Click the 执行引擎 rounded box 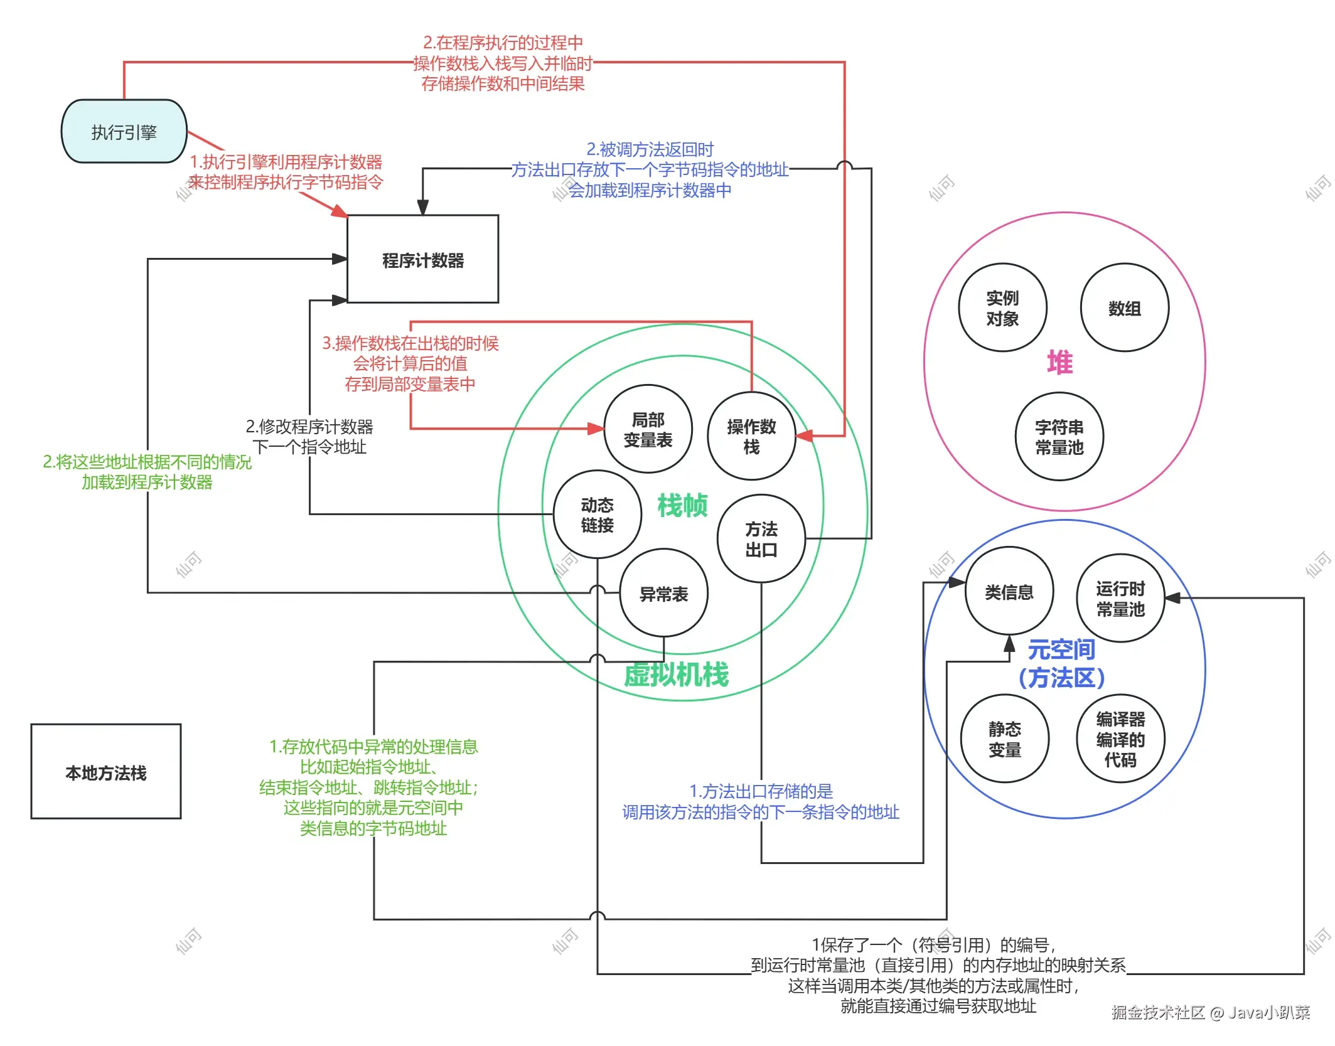pos(124,132)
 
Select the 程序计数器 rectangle pos(422,260)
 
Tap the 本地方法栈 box pos(105,772)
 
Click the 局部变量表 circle pos(648,429)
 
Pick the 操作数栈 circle pos(751,436)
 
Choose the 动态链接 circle pos(597,515)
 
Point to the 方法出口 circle pos(761,539)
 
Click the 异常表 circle pos(663,594)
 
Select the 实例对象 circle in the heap pos(1002,307)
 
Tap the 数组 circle pos(1124,307)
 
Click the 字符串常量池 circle pos(1059,437)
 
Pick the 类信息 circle pos(1009,592)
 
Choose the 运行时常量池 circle pos(1120,598)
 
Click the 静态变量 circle pos(1004,739)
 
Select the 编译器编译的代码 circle pos(1120,739)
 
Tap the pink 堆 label pos(1059,363)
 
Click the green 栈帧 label pos(682,505)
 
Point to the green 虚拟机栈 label pos(676,675)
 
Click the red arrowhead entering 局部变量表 pos(596,429)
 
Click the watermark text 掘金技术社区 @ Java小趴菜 pos(1210,1012)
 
